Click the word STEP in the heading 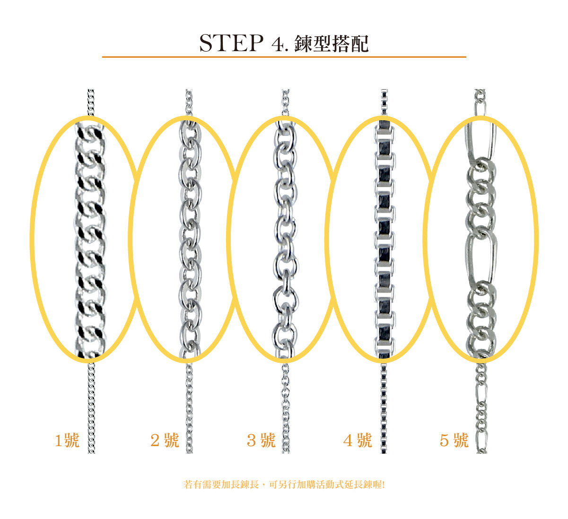tap(231, 43)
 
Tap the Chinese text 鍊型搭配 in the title tap(331, 44)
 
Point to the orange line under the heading tap(284, 57)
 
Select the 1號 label tap(67, 440)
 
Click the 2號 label tap(165, 440)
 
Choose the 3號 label tap(261, 440)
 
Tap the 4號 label tap(358, 440)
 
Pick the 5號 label tap(454, 440)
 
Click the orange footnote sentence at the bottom tap(284, 485)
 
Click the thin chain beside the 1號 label tap(91, 408)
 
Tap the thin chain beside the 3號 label tap(286, 408)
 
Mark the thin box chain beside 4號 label tap(384, 408)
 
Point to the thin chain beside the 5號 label tap(481, 408)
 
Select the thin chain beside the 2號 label tap(189, 408)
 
